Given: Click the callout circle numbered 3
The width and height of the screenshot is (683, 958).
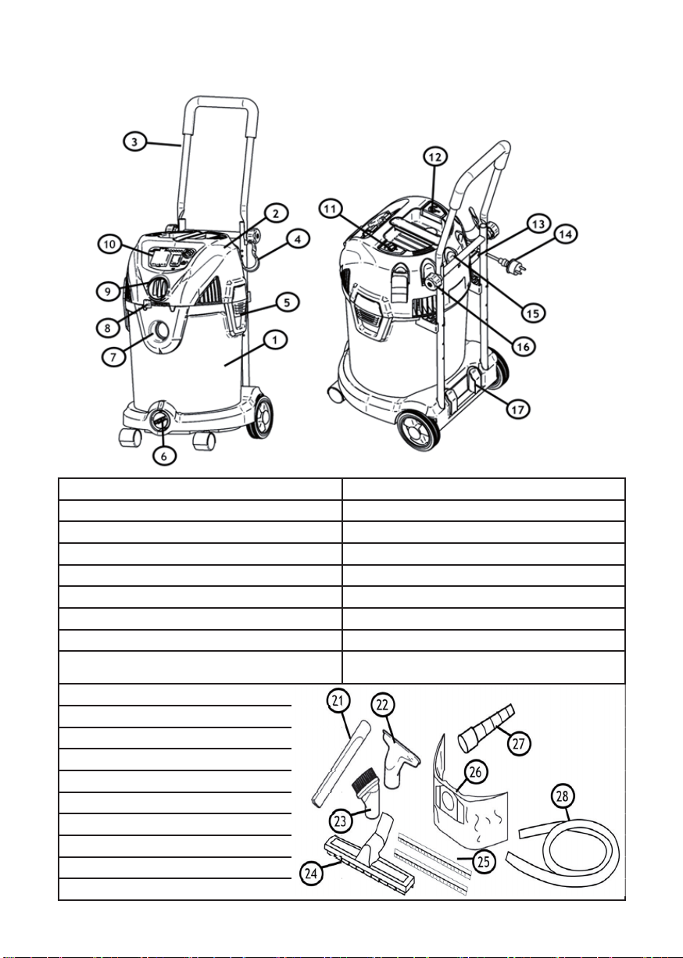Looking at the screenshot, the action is tap(134, 141).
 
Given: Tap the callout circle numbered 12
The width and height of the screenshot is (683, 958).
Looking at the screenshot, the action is tap(435, 157).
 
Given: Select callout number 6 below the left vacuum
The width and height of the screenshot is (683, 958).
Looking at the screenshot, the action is tap(164, 456).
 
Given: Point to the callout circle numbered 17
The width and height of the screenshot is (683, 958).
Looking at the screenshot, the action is tap(517, 409).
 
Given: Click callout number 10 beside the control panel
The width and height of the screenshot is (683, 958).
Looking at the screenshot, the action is tap(110, 245).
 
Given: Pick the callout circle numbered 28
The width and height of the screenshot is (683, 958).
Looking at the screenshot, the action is tap(563, 795).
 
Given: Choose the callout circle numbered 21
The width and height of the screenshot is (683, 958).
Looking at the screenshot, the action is tap(338, 701).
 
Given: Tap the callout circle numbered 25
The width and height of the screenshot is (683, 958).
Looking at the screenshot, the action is tap(483, 861).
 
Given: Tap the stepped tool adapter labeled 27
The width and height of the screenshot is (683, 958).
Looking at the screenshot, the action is tap(486, 725).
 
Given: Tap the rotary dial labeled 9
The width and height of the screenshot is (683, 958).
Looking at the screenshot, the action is tap(157, 287).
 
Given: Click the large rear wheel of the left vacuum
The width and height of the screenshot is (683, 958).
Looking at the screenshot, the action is tap(261, 416).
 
